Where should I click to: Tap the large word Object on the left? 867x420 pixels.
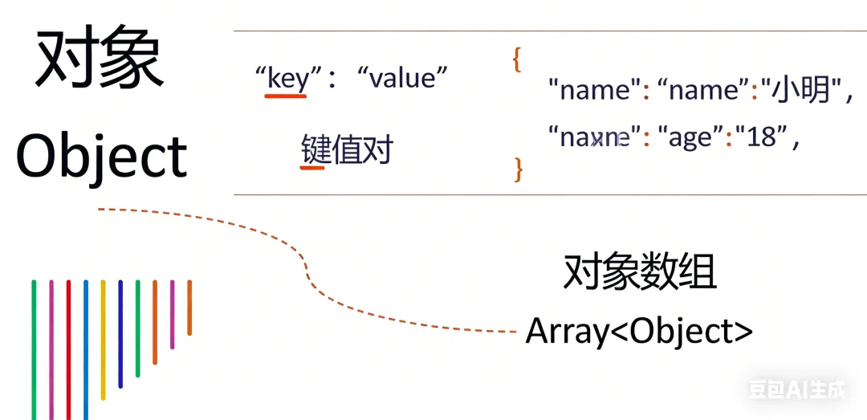[x=101, y=157]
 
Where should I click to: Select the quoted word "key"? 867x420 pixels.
[x=287, y=78]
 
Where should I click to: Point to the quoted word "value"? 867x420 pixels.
[x=401, y=78]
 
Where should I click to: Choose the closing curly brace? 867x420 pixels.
[x=518, y=168]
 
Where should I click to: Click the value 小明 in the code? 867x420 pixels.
[x=802, y=91]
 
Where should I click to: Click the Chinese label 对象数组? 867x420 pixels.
[x=639, y=272]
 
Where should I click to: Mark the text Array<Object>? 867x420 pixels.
[x=639, y=331]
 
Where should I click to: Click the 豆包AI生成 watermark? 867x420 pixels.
[x=797, y=390]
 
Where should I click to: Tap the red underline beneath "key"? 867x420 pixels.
[x=286, y=96]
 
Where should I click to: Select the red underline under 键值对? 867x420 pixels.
[x=312, y=168]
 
